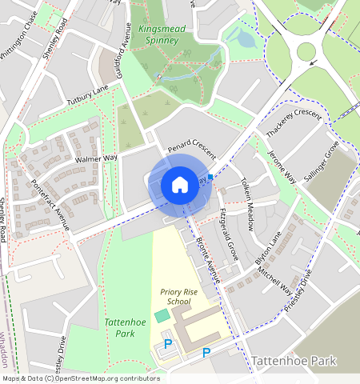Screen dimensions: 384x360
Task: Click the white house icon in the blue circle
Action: [x=180, y=185]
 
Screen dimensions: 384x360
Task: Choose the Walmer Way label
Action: [x=95, y=158]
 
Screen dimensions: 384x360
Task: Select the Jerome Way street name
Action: [x=282, y=166]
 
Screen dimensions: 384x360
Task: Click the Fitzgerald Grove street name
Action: [x=229, y=234]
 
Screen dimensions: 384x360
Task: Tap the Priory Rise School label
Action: [x=174, y=298]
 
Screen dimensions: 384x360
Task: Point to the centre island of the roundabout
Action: [x=306, y=52]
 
